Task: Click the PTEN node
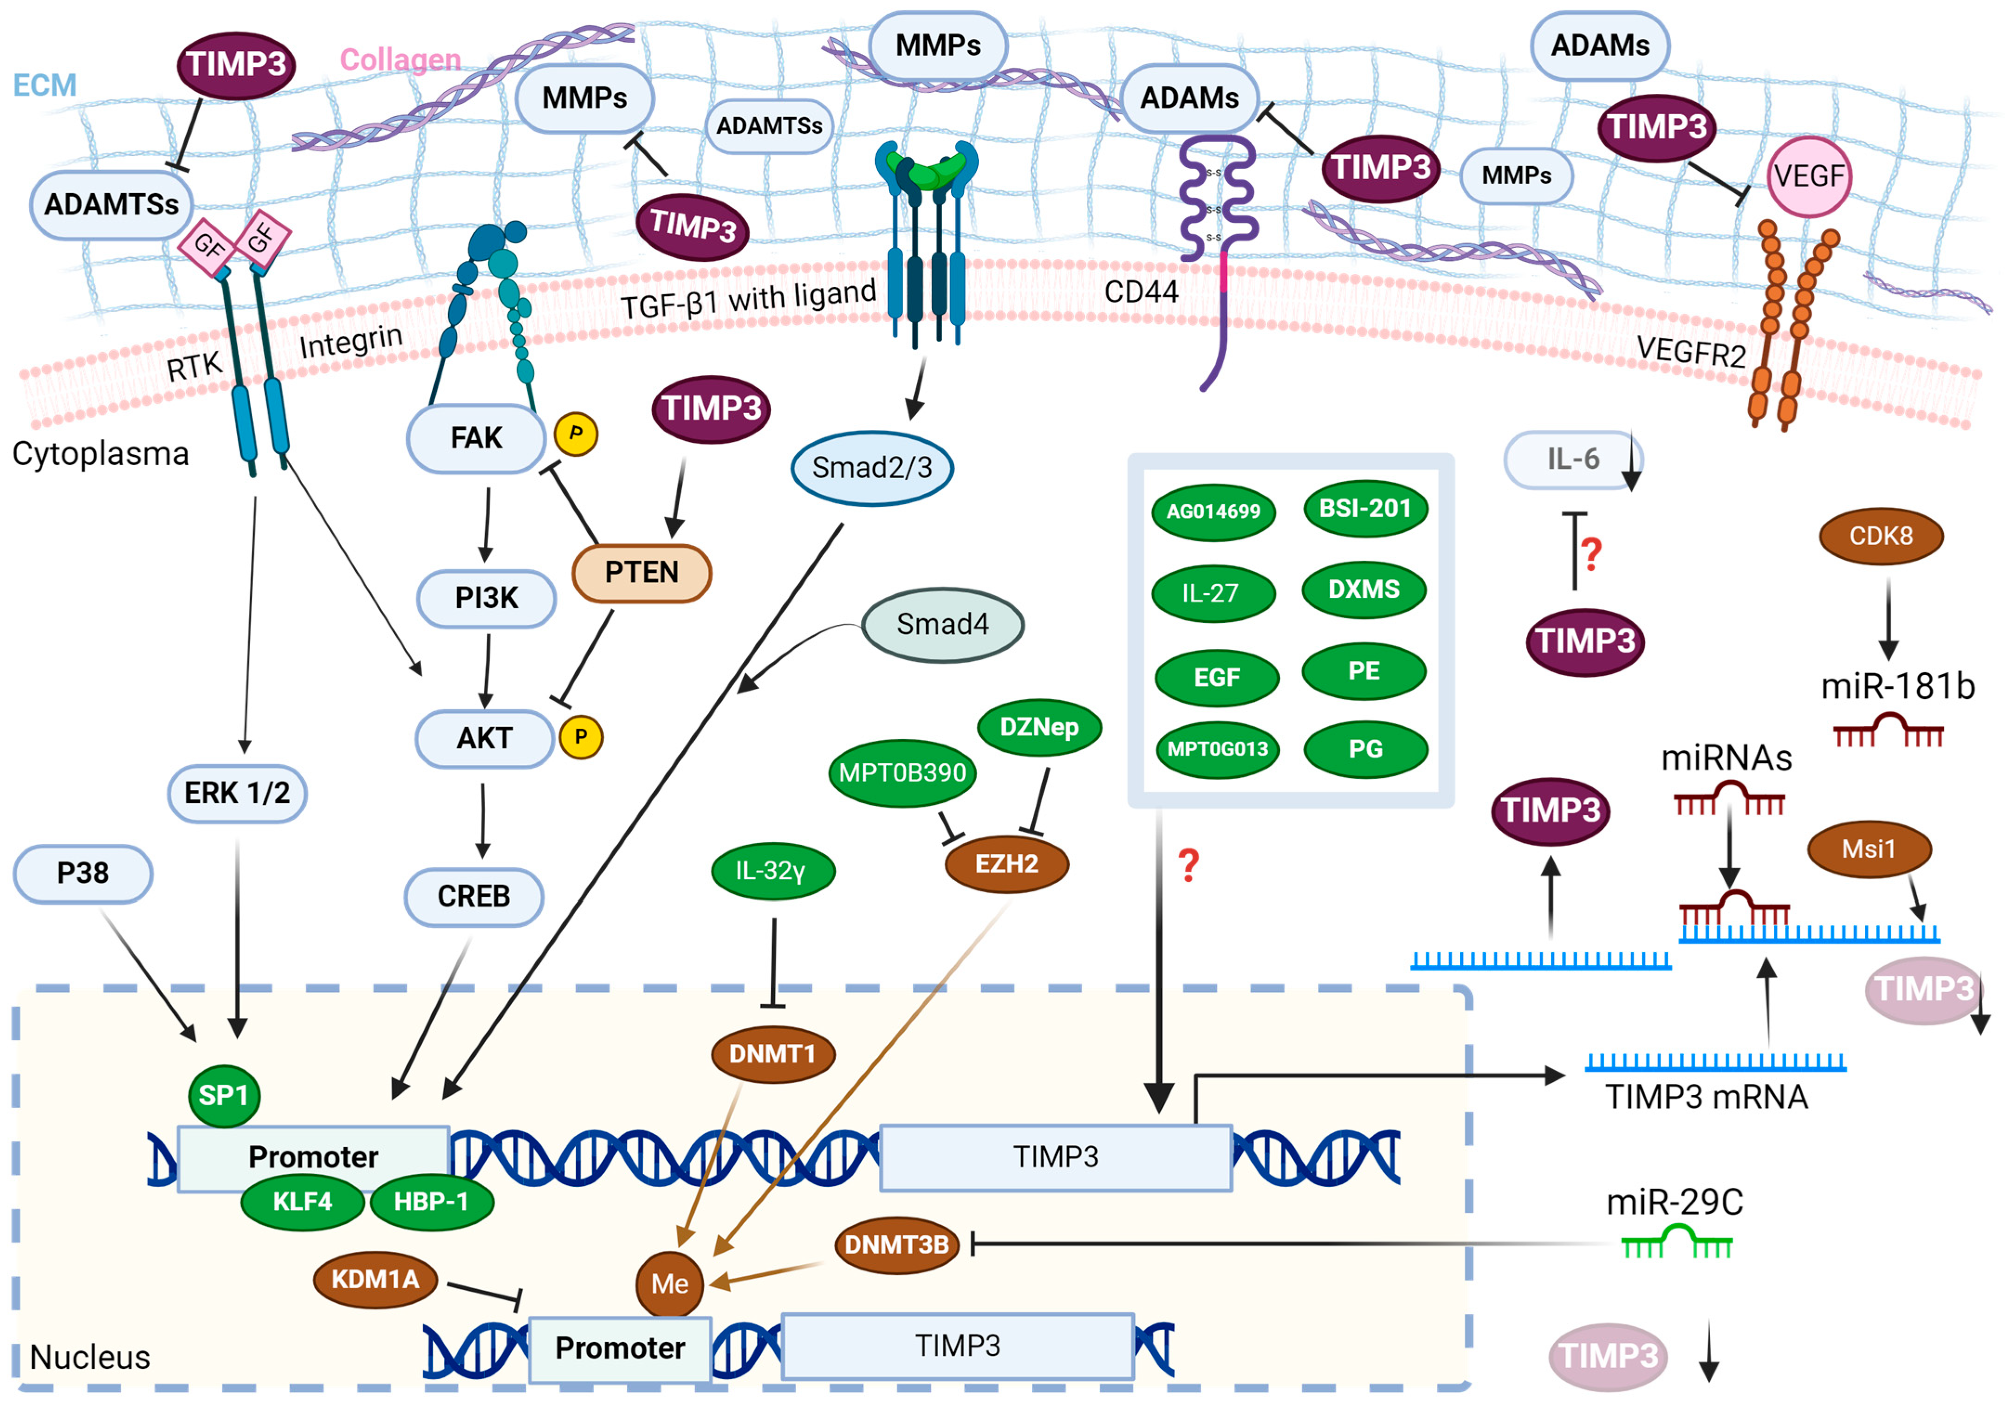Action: (642, 573)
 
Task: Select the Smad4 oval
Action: (943, 624)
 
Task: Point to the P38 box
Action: (83, 873)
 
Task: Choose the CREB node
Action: (474, 897)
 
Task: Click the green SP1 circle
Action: (224, 1095)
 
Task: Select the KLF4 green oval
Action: (302, 1202)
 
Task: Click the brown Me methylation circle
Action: (670, 1283)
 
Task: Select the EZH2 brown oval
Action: (1007, 864)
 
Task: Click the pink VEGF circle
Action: (1810, 176)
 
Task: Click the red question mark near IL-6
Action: (1592, 555)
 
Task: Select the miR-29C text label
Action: (1675, 1202)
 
